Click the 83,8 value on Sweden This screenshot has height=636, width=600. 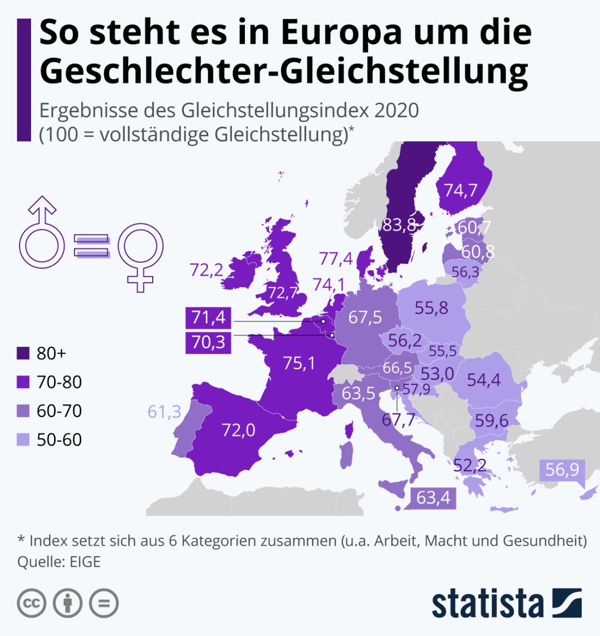(x=399, y=225)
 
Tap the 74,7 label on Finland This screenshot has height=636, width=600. (x=460, y=190)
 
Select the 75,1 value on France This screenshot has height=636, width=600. (x=298, y=363)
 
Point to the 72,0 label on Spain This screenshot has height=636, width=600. (x=238, y=430)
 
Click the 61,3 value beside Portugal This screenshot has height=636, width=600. (x=164, y=411)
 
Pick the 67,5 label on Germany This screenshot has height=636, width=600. (x=365, y=317)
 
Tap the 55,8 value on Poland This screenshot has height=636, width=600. (x=431, y=308)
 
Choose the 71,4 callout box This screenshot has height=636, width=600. (x=208, y=317)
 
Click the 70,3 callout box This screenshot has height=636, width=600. (x=208, y=342)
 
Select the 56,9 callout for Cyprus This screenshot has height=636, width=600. (x=562, y=469)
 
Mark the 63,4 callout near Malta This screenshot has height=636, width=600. (x=433, y=498)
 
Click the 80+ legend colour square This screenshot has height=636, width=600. (x=23, y=353)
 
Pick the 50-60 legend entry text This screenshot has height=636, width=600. (x=59, y=439)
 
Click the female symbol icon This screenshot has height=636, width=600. (x=140, y=254)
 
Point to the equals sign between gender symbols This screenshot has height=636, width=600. (x=91, y=246)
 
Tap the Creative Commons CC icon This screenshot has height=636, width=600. (x=32, y=603)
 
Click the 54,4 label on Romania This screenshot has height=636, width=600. (x=483, y=379)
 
